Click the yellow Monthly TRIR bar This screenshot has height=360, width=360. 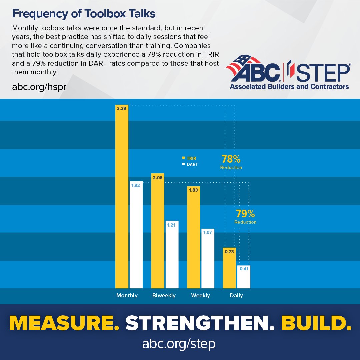click(x=122, y=200)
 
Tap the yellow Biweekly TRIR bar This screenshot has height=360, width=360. click(x=158, y=233)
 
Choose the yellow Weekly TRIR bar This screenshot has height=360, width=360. click(x=194, y=240)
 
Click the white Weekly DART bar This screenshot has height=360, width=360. click(x=208, y=260)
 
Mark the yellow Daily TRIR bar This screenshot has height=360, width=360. click(x=229, y=270)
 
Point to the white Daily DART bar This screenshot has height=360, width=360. click(x=244, y=278)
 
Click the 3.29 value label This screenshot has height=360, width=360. click(x=122, y=108)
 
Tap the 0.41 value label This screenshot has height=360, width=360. click(x=244, y=269)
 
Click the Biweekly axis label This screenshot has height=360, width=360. click(x=164, y=295)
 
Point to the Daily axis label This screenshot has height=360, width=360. click(x=236, y=295)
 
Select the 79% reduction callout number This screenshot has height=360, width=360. click(x=245, y=214)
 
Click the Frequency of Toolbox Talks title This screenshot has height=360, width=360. click(x=84, y=14)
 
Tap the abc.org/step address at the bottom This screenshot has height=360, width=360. click(x=179, y=344)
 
